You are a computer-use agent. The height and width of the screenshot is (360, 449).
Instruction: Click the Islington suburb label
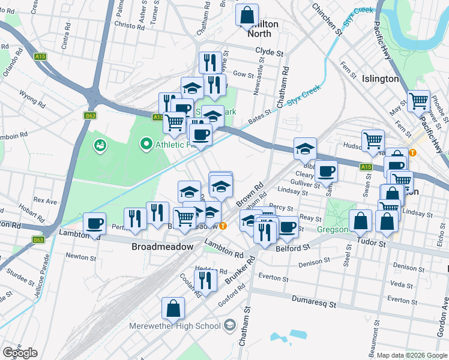[x=381, y=79]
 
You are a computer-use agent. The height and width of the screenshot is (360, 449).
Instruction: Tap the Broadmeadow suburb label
[x=163, y=247]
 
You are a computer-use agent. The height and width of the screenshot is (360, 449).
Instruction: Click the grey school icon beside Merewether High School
[x=229, y=326]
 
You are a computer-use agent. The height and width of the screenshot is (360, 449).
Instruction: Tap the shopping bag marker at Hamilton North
[x=247, y=16]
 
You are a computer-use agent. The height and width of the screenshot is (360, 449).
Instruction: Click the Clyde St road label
[x=269, y=53]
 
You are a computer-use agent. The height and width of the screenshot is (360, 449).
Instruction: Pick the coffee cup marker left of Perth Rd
[x=94, y=224]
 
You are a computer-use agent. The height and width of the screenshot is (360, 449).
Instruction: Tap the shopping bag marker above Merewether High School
[x=173, y=308]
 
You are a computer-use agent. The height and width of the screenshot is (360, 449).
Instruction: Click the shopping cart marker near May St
[x=418, y=101]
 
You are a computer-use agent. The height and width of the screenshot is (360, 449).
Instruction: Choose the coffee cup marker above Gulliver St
[x=327, y=172]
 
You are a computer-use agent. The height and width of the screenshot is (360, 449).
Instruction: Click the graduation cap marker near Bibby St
[x=305, y=148]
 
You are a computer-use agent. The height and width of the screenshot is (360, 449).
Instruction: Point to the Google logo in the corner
[x=20, y=353]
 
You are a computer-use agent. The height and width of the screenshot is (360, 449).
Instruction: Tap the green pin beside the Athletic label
[x=145, y=144]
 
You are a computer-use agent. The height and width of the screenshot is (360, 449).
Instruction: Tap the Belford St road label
[x=292, y=247]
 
